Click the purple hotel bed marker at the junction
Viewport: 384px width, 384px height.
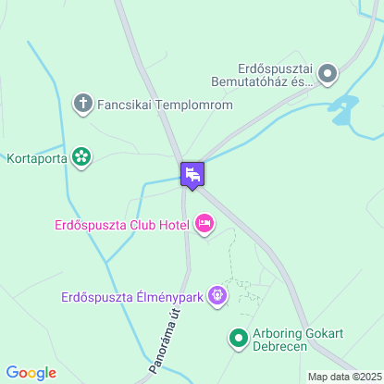tap(192, 174)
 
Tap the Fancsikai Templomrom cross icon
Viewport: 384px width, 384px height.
tap(82, 104)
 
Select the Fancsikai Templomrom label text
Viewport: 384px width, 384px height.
tap(165, 105)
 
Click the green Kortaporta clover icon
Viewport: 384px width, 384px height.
tap(82, 157)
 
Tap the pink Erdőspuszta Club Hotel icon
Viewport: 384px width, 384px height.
tap(204, 223)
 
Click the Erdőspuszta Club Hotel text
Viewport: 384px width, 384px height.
tap(120, 224)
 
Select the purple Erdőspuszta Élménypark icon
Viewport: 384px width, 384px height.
tap(217, 296)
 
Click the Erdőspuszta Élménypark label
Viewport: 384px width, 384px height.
tap(131, 297)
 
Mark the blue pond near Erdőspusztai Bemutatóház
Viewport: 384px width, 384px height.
tap(343, 108)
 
